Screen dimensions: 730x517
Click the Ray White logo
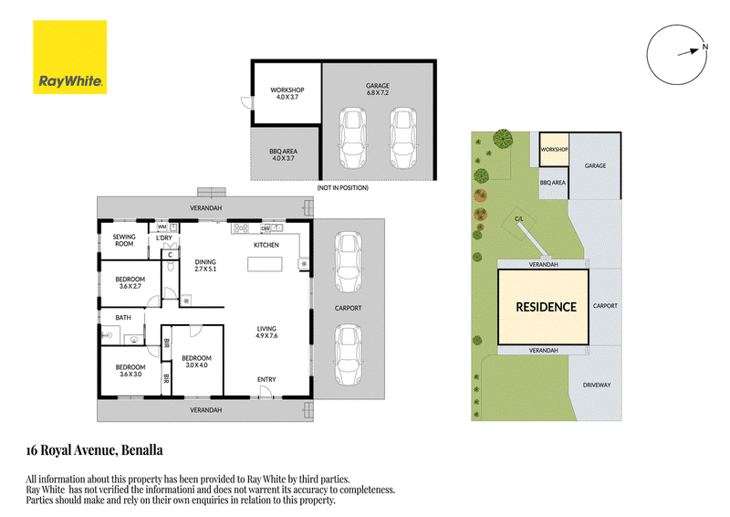point(70,57)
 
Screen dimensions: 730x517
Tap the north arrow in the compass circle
point(689,52)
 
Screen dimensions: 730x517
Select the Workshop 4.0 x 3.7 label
point(287,93)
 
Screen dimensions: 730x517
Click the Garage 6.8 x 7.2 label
point(378,89)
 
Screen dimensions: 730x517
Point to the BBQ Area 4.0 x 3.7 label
point(283,154)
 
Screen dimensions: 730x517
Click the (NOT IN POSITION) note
point(343,188)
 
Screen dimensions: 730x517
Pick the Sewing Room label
point(124,240)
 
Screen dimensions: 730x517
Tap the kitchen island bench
point(265,264)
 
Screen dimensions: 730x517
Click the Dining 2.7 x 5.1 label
point(205,265)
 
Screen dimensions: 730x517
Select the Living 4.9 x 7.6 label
point(266,332)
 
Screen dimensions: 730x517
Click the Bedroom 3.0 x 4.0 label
point(196,362)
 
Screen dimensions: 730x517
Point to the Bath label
point(123,318)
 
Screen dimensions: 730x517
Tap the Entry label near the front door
point(266,379)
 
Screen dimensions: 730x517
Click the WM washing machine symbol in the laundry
point(162,227)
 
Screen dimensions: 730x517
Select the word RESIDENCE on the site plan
point(546,307)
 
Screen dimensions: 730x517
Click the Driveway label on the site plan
point(597,385)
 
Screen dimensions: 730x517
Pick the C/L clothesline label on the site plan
point(518,218)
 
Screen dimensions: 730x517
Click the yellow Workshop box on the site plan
point(554,149)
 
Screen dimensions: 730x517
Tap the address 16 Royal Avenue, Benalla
point(95,450)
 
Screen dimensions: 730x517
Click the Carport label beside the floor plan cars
point(349,308)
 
